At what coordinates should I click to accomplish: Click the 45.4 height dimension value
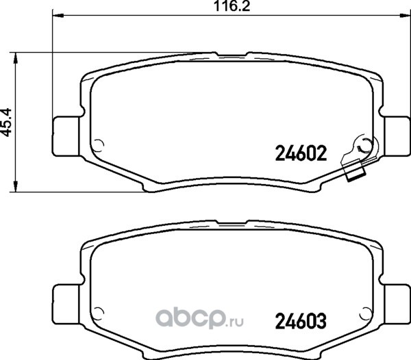pyautogui.click(x=7, y=122)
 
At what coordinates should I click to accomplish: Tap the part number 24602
pyautogui.click(x=301, y=153)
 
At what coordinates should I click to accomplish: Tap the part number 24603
pyautogui.click(x=301, y=321)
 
